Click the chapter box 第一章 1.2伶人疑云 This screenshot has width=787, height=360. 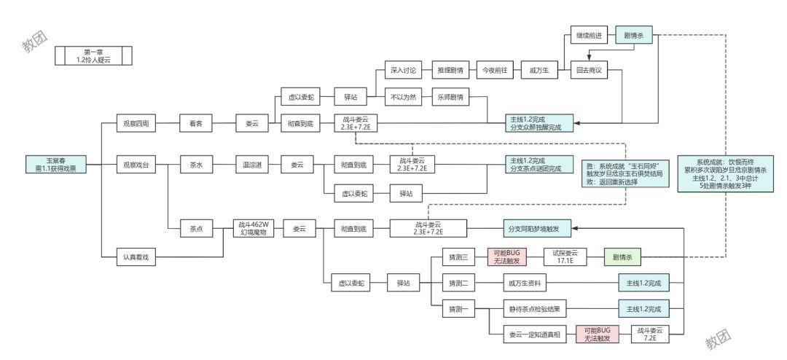pyautogui.click(x=93, y=56)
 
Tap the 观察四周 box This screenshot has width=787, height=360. pyautogui.click(x=136, y=124)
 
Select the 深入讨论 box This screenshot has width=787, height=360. pyautogui.click(x=403, y=70)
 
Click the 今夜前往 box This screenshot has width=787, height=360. pyautogui.click(x=495, y=70)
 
